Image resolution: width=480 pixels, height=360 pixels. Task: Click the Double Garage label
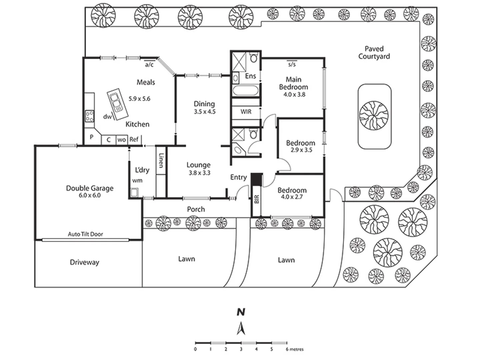pyautogui.click(x=90, y=188)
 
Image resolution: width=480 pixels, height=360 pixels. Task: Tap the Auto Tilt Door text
pyautogui.click(x=85, y=234)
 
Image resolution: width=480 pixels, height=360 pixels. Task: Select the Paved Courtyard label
pyautogui.click(x=374, y=53)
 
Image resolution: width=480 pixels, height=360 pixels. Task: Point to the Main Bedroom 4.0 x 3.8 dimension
pyautogui.click(x=294, y=94)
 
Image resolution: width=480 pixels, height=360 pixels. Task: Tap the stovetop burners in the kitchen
pyautogui.click(x=89, y=116)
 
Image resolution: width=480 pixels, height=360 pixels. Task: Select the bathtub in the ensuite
pyautogui.click(x=246, y=91)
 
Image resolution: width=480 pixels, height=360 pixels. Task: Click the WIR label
pyautogui.click(x=246, y=112)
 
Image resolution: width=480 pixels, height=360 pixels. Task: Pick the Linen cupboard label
pyautogui.click(x=161, y=160)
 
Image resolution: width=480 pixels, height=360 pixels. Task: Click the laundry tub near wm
pyautogui.click(x=134, y=193)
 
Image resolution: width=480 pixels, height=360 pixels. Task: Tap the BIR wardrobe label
pyautogui.click(x=256, y=199)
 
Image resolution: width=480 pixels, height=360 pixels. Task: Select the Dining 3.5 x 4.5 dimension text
pyautogui.click(x=205, y=112)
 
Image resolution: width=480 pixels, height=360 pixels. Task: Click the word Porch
pyautogui.click(x=196, y=209)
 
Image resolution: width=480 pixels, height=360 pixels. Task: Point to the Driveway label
pyautogui.click(x=84, y=262)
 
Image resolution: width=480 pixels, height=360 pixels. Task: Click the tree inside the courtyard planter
pyautogui.click(x=374, y=115)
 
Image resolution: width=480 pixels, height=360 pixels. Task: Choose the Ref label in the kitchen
pyautogui.click(x=134, y=139)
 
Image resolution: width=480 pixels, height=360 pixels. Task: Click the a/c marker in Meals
pyautogui.click(x=149, y=65)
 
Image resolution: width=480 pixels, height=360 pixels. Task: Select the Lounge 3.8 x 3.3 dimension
pyautogui.click(x=199, y=173)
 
